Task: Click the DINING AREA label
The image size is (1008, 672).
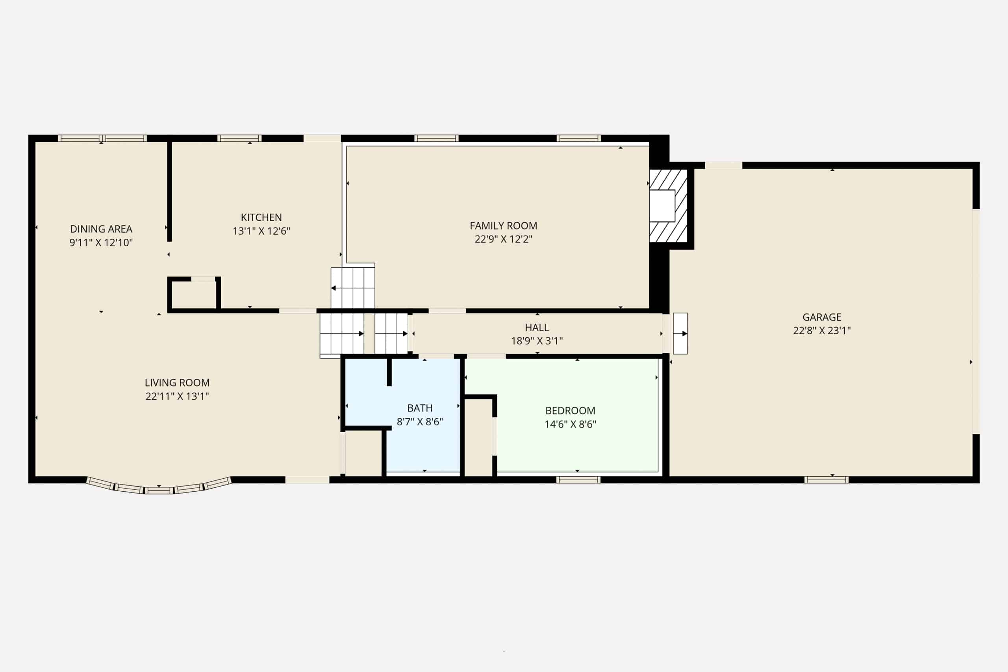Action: pos(101,229)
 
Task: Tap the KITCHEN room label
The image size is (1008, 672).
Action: pos(261,217)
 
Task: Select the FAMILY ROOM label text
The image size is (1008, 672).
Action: pos(504,226)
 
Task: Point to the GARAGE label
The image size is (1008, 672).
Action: pos(822,317)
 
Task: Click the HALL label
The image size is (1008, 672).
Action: pos(537,328)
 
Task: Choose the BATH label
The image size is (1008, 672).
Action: pos(420,408)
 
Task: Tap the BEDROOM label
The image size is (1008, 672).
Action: pos(571,411)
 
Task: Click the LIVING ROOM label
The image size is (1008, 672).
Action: pos(178,383)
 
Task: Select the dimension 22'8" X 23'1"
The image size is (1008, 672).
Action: pos(822,330)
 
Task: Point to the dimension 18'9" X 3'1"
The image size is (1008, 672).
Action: pos(537,341)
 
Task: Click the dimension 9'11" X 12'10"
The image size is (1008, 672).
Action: pos(101,243)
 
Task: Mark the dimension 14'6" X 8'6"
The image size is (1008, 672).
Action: pos(571,424)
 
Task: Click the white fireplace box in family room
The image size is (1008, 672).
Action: pos(662,206)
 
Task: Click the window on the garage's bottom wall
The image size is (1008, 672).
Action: pos(826,479)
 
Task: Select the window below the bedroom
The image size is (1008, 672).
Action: pos(578,479)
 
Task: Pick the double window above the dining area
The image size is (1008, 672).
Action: pos(102,138)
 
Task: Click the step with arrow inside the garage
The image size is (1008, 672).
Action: pos(680,333)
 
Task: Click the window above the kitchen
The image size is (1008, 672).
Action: pos(239,138)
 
